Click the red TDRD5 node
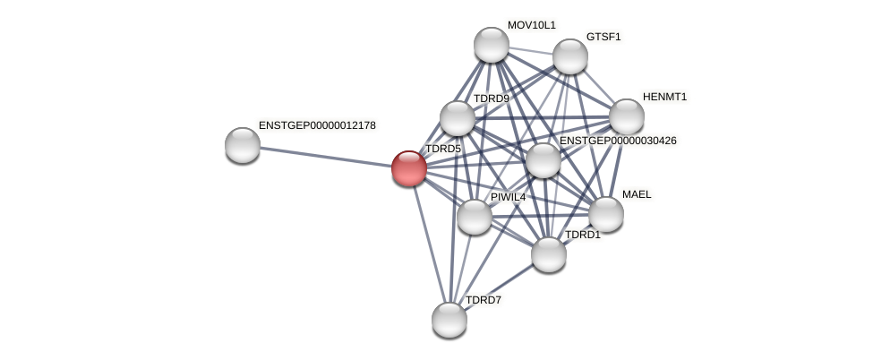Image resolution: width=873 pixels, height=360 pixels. pos(409,168)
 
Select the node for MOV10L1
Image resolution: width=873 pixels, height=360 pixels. pos(491,45)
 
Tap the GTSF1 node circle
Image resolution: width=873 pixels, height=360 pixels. pos(570,56)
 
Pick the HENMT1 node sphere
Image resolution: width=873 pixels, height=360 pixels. pos(627,116)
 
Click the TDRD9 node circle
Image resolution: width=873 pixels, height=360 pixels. pos(458,118)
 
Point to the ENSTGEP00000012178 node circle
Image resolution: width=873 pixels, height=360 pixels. pos(243,145)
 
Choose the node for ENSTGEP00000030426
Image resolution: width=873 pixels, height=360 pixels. pos(543,160)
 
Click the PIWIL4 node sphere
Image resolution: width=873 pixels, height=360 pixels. pos(475,217)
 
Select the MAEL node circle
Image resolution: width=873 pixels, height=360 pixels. pos(606,214)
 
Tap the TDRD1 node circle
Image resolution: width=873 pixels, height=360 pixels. pos(549,254)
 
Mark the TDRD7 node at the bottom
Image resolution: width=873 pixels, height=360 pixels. pos(449,320)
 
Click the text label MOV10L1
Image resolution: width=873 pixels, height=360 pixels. pos(531,25)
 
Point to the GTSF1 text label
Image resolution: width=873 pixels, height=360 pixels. pos(603,37)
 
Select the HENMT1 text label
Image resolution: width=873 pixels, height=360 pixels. pos(664,97)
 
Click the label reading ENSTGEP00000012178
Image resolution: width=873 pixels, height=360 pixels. pos(317,125)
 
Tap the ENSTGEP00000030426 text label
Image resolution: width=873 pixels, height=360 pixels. pos(618,141)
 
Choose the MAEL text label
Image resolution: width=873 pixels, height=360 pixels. pos(637,194)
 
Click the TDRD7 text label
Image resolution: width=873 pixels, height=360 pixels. pos(484,300)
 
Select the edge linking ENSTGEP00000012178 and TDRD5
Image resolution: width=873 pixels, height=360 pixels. pos(326,157)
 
